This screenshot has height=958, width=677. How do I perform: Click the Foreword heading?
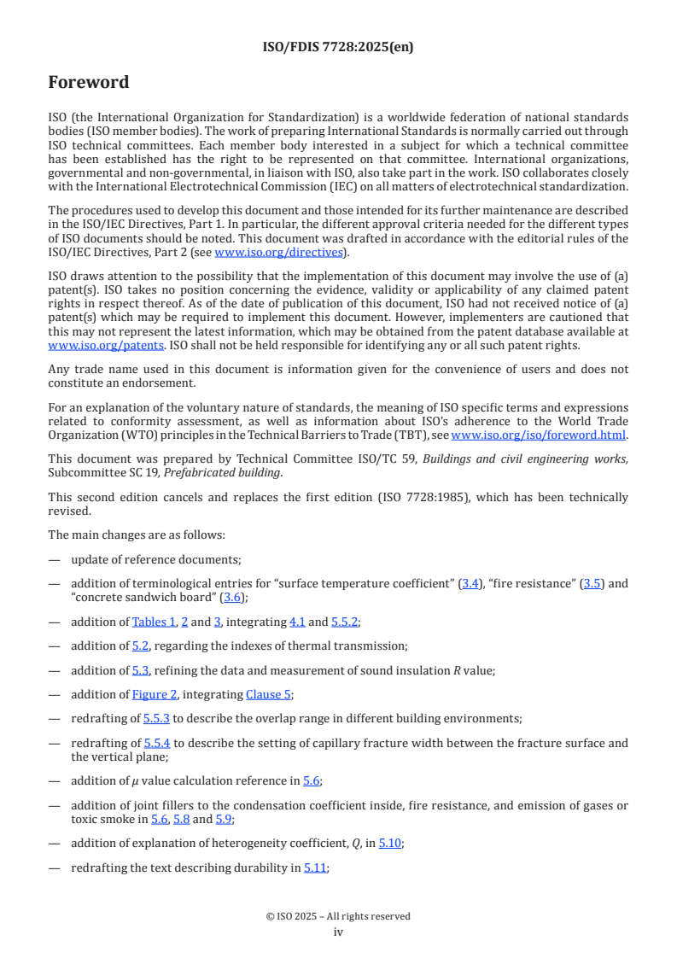[89, 83]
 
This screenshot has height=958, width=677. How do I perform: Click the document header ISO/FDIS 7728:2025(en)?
[338, 48]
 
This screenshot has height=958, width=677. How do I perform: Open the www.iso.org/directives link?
[278, 252]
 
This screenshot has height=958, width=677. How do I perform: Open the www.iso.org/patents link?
[106, 346]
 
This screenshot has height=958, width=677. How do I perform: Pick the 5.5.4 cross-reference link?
[157, 743]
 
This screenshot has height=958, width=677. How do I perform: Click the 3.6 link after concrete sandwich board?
[231, 597]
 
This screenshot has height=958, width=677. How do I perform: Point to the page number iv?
[338, 932]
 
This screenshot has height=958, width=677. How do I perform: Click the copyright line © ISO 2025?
[338, 916]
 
